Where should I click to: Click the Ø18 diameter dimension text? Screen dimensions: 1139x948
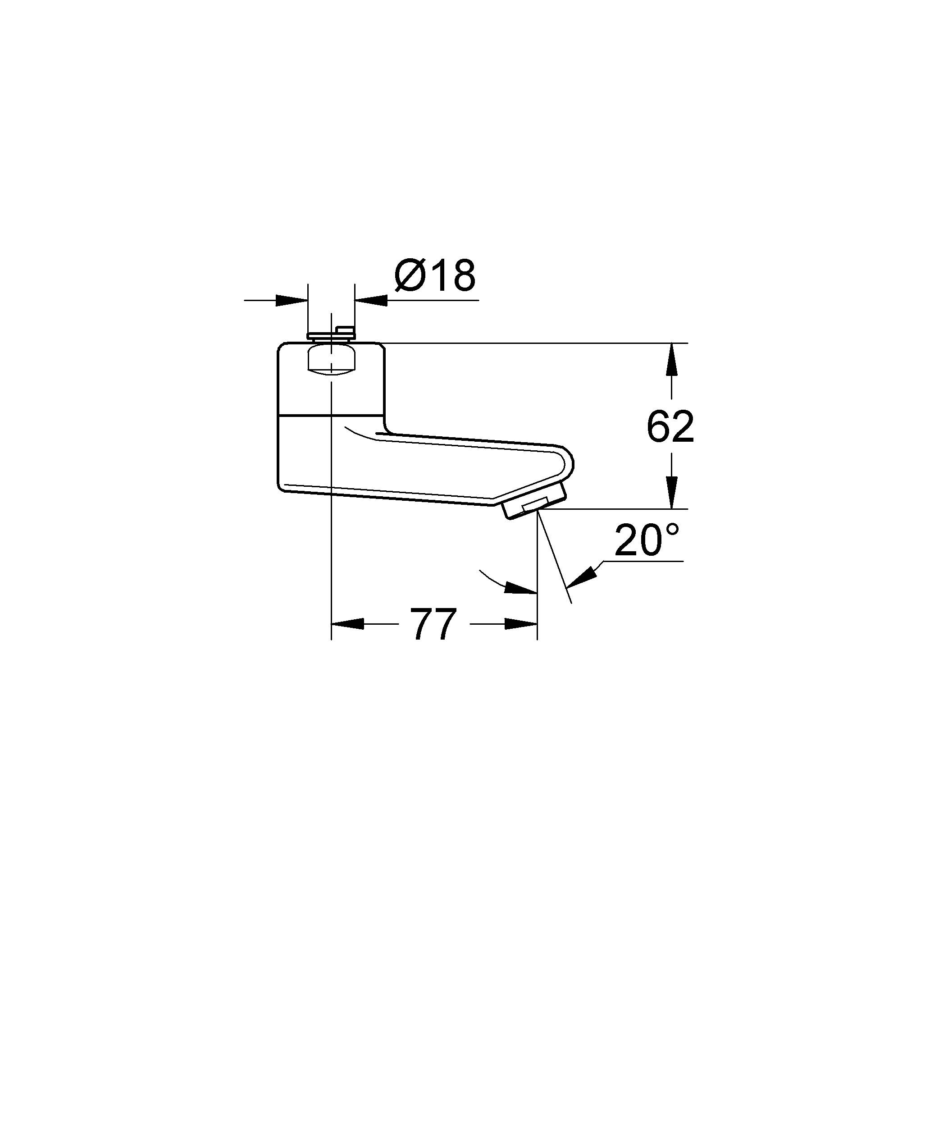point(435,275)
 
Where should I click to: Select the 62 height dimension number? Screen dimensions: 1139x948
point(670,427)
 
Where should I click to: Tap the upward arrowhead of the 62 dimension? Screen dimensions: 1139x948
point(671,359)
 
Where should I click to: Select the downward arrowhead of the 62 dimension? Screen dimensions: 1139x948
point(671,493)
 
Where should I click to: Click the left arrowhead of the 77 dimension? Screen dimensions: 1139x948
point(347,624)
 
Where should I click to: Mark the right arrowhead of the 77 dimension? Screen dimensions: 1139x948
point(521,624)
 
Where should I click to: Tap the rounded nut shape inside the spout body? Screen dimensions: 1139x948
point(331,361)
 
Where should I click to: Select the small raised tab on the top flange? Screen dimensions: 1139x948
point(345,329)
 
